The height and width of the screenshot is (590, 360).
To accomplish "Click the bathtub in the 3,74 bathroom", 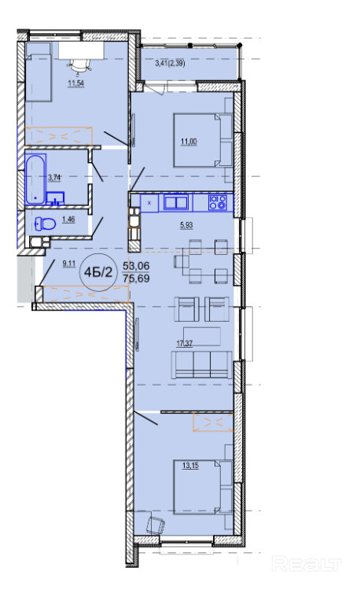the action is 36,179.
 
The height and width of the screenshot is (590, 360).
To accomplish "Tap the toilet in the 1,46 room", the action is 45,224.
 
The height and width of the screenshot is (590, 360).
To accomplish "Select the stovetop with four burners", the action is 218,202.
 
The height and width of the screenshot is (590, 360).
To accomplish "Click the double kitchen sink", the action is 175,202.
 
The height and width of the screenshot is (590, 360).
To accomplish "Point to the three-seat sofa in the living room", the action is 201,364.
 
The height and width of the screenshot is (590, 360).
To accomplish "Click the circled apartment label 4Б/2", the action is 97,272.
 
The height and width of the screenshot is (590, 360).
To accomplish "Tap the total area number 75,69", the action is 136,278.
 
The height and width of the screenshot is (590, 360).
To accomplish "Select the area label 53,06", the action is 136,266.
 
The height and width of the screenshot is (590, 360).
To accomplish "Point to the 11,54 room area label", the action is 76,83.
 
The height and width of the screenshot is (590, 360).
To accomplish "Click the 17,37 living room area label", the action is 185,343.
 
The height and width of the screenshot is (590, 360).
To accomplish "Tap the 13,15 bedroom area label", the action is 190,466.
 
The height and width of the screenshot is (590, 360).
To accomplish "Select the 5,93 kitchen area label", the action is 186,225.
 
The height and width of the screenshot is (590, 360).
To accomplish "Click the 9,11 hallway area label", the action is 68,264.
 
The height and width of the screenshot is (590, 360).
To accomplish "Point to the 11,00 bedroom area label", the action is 189,142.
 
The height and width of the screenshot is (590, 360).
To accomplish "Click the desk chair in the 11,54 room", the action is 79,66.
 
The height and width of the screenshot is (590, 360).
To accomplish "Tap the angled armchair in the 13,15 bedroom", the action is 156,524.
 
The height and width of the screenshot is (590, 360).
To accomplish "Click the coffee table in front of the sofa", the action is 202,336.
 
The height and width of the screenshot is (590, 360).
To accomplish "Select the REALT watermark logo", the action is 307,564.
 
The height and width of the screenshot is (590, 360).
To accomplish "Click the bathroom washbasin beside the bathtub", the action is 56,198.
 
